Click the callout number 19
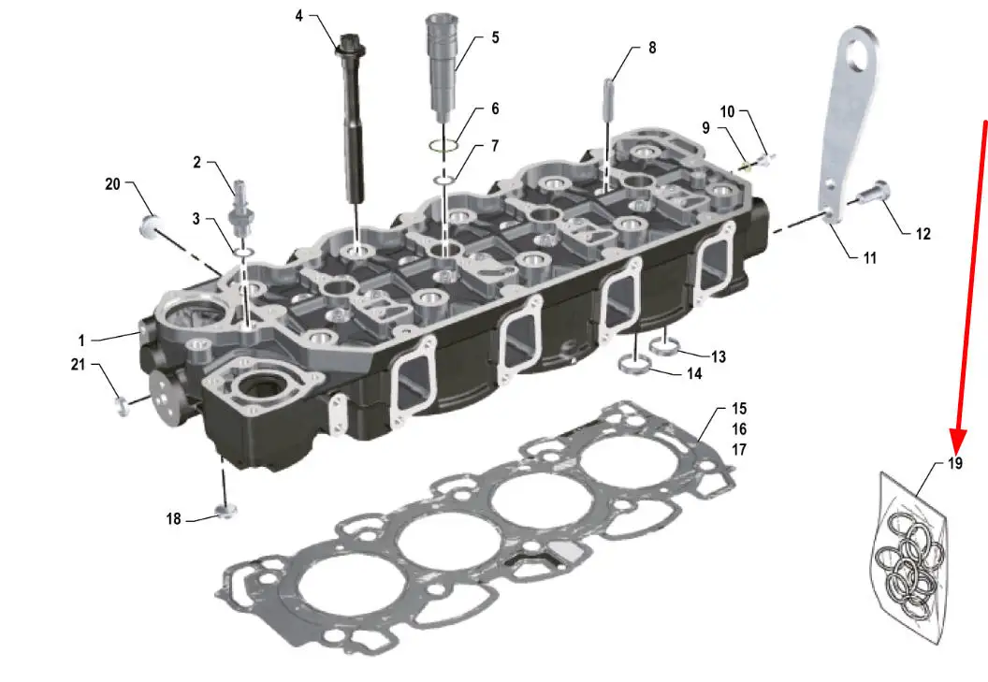(x=955, y=463)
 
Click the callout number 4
(x=299, y=16)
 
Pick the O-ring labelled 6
(x=443, y=146)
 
